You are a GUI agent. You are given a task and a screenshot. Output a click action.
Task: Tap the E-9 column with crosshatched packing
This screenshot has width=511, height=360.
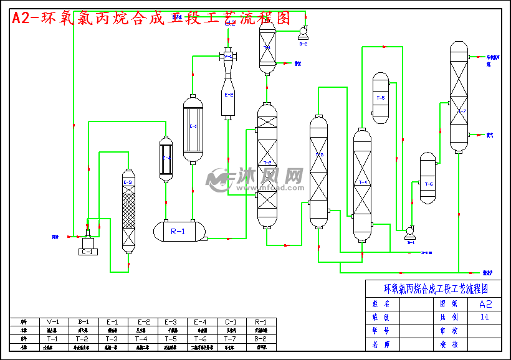tap(128, 212)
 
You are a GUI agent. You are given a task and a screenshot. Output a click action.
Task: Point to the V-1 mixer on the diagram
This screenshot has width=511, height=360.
tap(228, 57)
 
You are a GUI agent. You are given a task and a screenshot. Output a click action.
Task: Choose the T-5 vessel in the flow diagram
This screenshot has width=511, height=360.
tap(380, 98)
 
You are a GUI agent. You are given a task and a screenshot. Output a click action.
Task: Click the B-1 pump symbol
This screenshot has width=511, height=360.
tap(410, 233)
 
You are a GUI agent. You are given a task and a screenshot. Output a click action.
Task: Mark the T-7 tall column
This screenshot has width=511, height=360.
tap(459, 97)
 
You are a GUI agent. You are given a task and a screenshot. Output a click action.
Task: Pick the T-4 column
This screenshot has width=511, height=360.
tap(362, 184)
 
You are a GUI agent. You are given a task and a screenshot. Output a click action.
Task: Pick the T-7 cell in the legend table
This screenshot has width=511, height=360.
tap(232, 339)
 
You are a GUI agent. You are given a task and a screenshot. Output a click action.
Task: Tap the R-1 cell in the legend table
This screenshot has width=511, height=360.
tap(261, 322)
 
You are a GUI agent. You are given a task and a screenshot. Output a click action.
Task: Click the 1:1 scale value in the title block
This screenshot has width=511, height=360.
tap(484, 317)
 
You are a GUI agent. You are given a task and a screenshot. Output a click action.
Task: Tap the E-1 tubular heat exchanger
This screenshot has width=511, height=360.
tap(193, 129)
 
